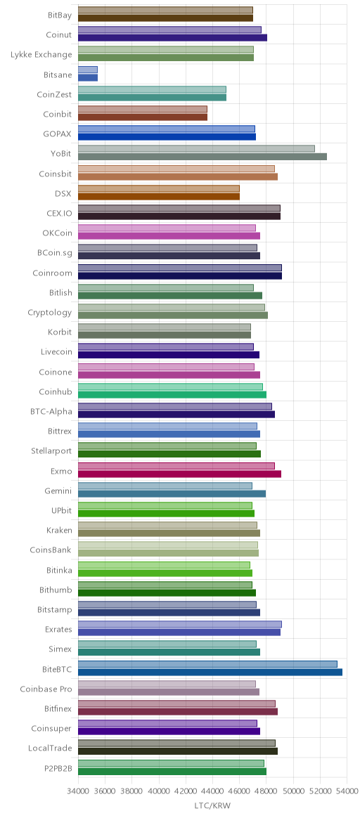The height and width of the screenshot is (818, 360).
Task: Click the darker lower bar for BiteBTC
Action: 210,672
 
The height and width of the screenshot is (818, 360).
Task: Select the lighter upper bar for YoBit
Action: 197,149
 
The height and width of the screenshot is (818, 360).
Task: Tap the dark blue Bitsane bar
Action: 88,77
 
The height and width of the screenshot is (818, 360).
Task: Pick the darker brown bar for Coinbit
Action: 143,117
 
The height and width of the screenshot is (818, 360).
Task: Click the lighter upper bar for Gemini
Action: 165,486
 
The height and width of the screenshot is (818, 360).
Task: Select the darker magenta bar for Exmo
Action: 179,474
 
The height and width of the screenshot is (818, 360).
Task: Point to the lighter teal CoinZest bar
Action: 153,89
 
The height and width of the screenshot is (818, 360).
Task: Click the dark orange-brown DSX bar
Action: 159,196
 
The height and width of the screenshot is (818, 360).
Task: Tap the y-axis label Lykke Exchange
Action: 41,55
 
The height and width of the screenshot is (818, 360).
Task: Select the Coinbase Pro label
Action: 46,689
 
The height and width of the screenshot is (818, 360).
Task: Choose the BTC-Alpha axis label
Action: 51,412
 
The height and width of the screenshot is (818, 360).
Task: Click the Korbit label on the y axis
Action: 60,332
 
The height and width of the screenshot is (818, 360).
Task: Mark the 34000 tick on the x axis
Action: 78,790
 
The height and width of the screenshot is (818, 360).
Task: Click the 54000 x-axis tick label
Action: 347,790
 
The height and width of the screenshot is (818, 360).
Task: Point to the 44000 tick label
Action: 212,790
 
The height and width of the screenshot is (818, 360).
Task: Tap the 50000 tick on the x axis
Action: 293,790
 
